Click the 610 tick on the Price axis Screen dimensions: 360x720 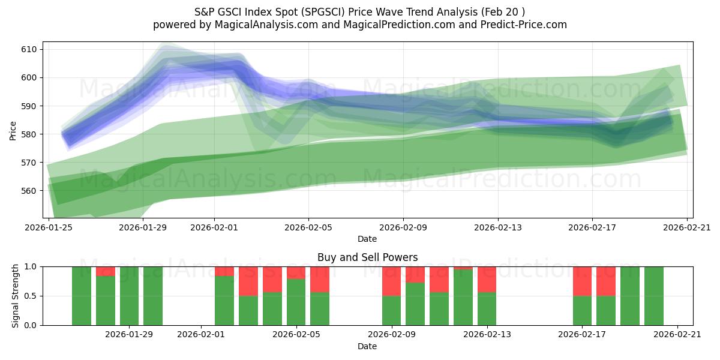coord(29,49)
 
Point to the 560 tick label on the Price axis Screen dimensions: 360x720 coord(29,191)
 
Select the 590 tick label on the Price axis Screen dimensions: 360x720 coord(29,106)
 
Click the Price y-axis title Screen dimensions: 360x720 coord(13,130)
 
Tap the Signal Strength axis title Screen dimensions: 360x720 coord(16,296)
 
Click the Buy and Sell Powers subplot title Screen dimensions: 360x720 coord(367,257)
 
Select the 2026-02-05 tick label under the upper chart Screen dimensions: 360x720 coord(308,227)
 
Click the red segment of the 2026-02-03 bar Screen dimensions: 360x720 coord(248,281)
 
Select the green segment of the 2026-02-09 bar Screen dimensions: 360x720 coord(391,310)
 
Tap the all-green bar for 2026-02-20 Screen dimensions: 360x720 coord(654,296)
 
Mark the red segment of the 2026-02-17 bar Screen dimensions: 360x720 coord(582,281)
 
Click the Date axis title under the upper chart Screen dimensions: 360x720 coord(367,239)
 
